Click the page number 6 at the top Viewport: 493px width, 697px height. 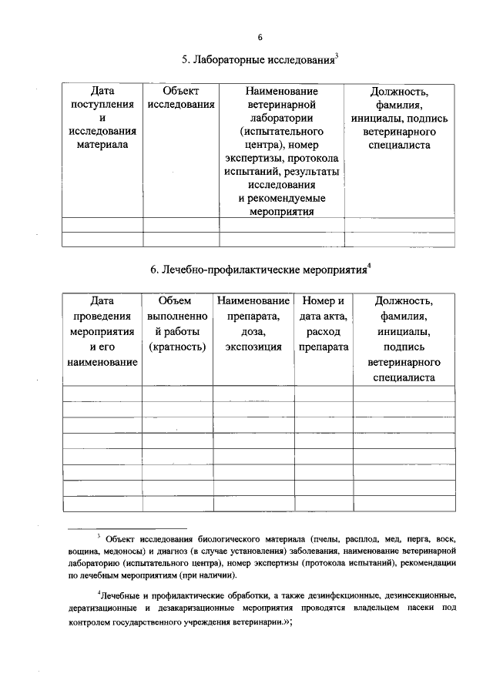click(260, 38)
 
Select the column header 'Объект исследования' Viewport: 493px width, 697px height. click(180, 98)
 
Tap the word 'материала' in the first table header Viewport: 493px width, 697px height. click(102, 144)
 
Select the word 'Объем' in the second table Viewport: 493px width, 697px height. click(176, 300)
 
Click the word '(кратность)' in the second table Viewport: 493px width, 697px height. click(177, 347)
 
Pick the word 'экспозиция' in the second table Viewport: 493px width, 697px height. click(253, 347)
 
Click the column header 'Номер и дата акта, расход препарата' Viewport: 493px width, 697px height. click(324, 323)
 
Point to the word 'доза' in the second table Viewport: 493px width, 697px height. click(253, 331)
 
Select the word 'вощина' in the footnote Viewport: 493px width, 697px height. click(84, 552)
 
